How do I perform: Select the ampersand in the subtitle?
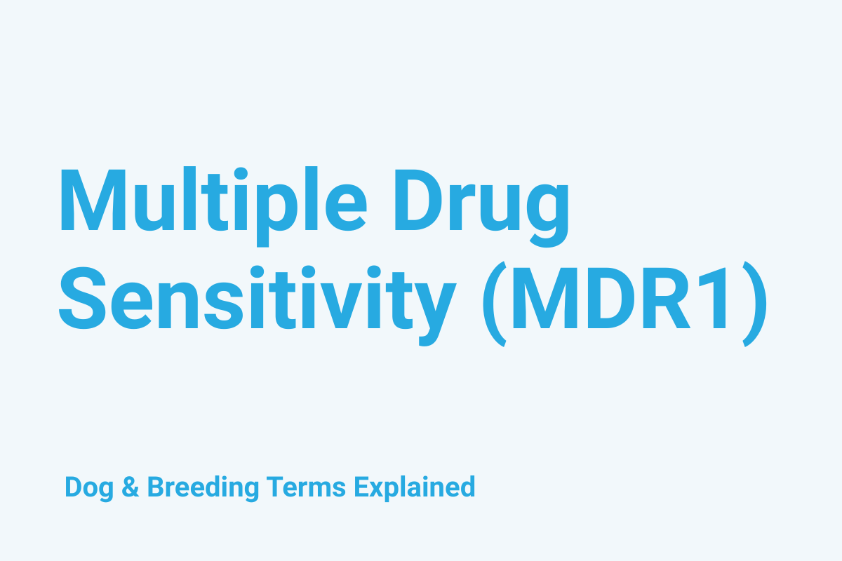click(131, 487)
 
